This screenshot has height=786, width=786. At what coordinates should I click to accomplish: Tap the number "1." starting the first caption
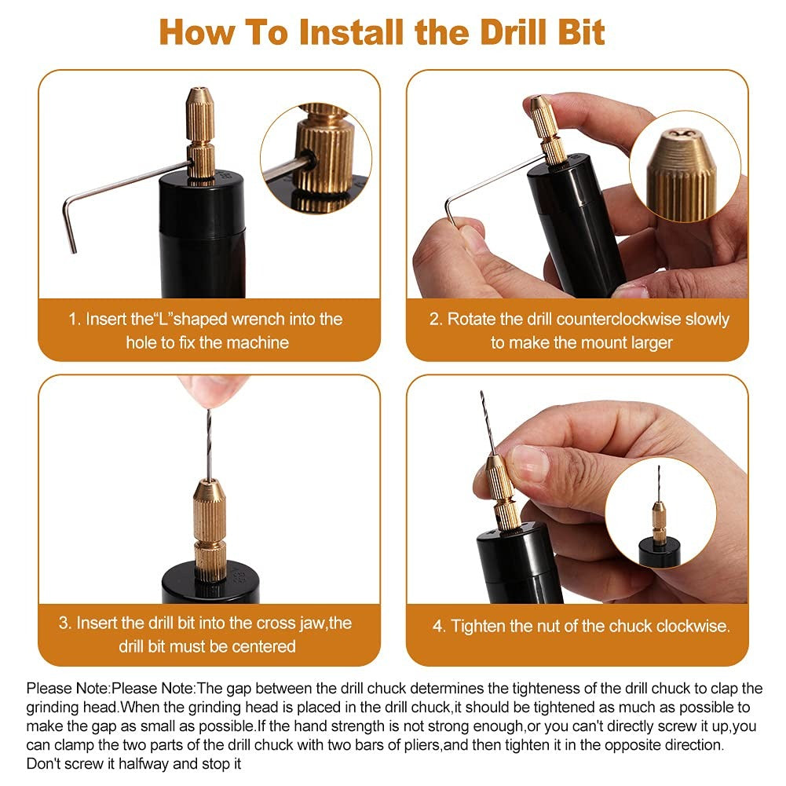tap(75, 319)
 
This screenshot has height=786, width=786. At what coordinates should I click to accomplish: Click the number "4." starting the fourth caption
tap(440, 626)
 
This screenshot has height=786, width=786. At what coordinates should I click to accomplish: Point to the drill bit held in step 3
tap(209, 440)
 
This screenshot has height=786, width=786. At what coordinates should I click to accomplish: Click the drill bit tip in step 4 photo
tap(482, 396)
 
